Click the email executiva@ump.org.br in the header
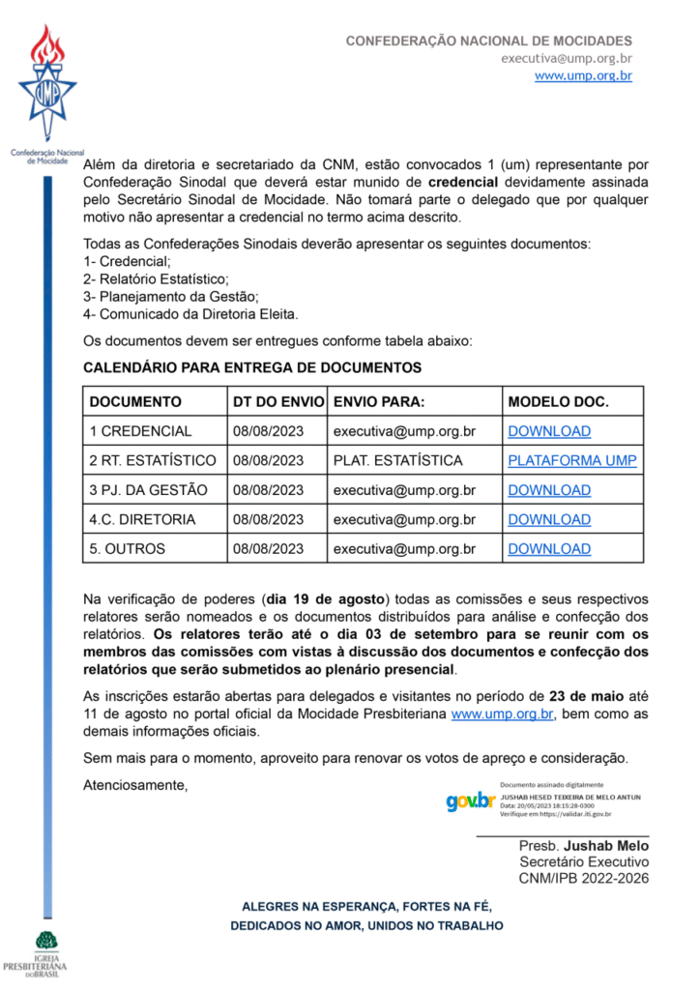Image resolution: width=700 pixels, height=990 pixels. pos(567,58)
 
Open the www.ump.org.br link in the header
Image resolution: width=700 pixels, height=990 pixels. pos(583,75)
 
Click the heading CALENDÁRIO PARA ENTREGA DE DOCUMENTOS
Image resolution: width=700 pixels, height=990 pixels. pos(252,368)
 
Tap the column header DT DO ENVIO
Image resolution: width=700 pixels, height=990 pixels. pos(278,402)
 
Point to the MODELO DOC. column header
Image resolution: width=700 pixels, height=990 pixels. pos(559,402)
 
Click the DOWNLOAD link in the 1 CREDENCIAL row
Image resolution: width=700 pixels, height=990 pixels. pos(549,431)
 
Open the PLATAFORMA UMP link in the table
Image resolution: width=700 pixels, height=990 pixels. pos(572,460)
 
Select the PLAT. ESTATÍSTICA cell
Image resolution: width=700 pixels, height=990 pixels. pos(397,460)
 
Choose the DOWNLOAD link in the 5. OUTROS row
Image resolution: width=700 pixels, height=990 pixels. pos(549,549)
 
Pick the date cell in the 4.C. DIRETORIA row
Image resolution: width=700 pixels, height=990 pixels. pos(268,519)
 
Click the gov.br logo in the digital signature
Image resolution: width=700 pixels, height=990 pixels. pos(470,801)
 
